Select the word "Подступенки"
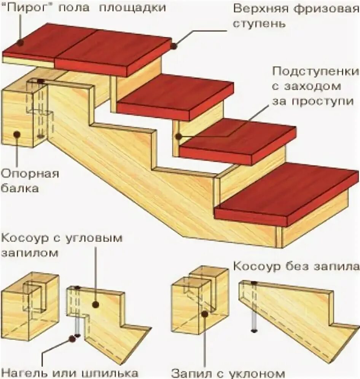tap(315, 71)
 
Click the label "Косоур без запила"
tap(296, 265)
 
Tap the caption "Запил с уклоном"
tap(228, 372)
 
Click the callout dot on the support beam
tap(16, 134)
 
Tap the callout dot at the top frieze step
tap(174, 46)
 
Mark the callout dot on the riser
tap(178, 136)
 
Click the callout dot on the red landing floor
tap(20, 43)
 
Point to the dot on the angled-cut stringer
tap(95, 304)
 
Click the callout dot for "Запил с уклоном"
tap(205, 314)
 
